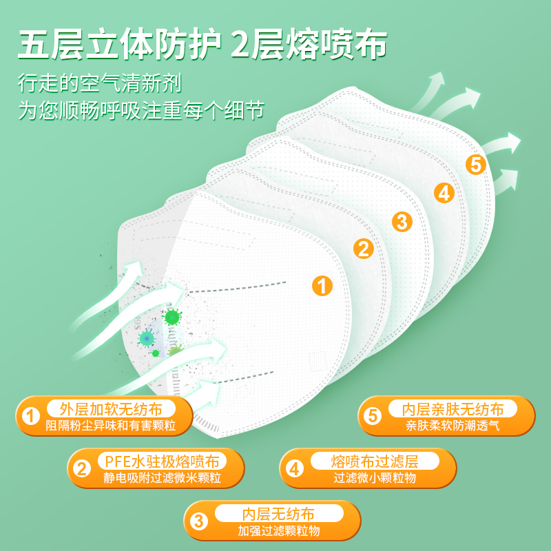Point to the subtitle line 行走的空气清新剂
click(100, 84)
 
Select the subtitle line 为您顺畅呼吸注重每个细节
click(141, 111)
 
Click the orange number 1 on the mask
click(322, 285)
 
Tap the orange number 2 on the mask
click(364, 249)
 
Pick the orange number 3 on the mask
click(402, 221)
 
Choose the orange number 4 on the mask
click(444, 193)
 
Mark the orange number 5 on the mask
click(475, 165)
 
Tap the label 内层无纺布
click(278, 514)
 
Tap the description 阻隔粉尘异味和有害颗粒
click(110, 426)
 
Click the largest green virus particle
click(171, 318)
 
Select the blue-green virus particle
click(147, 338)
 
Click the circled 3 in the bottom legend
click(199, 521)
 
